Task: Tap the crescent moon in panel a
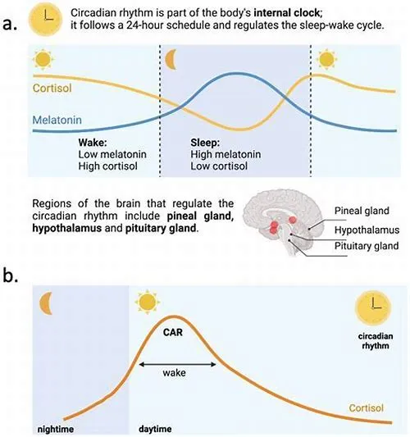click(171, 59)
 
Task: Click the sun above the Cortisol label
click(43, 59)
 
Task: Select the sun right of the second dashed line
click(326, 59)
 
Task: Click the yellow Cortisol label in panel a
click(52, 88)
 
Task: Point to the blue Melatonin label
click(57, 121)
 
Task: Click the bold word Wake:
click(93, 143)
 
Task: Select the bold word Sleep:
click(205, 143)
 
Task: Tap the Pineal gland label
click(362, 211)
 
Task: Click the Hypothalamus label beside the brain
click(367, 230)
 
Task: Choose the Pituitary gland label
click(367, 246)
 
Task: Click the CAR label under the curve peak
click(173, 332)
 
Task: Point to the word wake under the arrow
click(174, 372)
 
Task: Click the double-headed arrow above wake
click(178, 364)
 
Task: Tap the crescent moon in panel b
click(46, 303)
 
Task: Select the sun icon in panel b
click(147, 302)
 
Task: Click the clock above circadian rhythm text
click(373, 308)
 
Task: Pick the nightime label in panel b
click(56, 429)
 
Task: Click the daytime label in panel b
click(155, 429)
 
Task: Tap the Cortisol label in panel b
click(367, 408)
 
